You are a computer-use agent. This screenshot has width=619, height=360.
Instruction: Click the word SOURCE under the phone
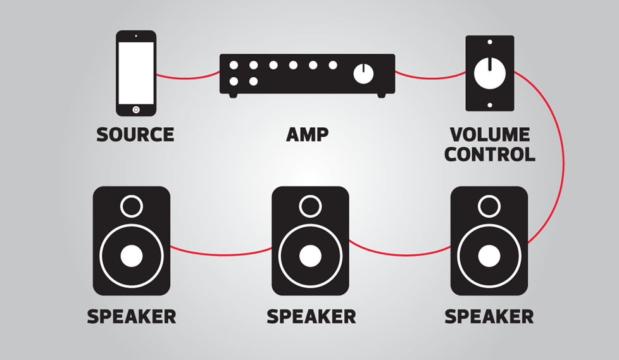(135, 135)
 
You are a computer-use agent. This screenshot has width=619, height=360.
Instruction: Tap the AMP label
(307, 135)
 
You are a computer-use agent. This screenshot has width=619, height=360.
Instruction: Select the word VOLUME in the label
(489, 135)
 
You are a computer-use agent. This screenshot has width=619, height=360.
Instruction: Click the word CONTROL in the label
(489, 154)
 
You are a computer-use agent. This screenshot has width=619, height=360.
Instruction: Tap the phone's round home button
(136, 109)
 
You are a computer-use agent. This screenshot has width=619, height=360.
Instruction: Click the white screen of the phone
(136, 73)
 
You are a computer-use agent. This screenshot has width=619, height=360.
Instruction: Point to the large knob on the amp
(363, 73)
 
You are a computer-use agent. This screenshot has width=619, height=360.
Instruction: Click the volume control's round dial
(489, 73)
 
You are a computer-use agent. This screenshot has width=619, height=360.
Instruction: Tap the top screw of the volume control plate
(489, 42)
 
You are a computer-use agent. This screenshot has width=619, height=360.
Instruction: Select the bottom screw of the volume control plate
(489, 105)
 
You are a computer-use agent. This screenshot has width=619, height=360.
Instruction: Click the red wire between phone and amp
(187, 77)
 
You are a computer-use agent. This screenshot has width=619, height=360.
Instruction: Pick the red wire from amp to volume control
(430, 77)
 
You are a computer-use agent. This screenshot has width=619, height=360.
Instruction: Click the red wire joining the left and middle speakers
(221, 254)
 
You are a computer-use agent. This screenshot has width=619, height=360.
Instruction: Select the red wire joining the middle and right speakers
(400, 254)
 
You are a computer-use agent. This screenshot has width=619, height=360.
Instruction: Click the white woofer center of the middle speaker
(310, 256)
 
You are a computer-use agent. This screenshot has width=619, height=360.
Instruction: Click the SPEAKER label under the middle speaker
(311, 316)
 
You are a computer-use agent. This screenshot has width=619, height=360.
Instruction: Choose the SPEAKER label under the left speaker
(132, 316)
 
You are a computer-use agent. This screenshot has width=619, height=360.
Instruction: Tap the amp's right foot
(382, 96)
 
